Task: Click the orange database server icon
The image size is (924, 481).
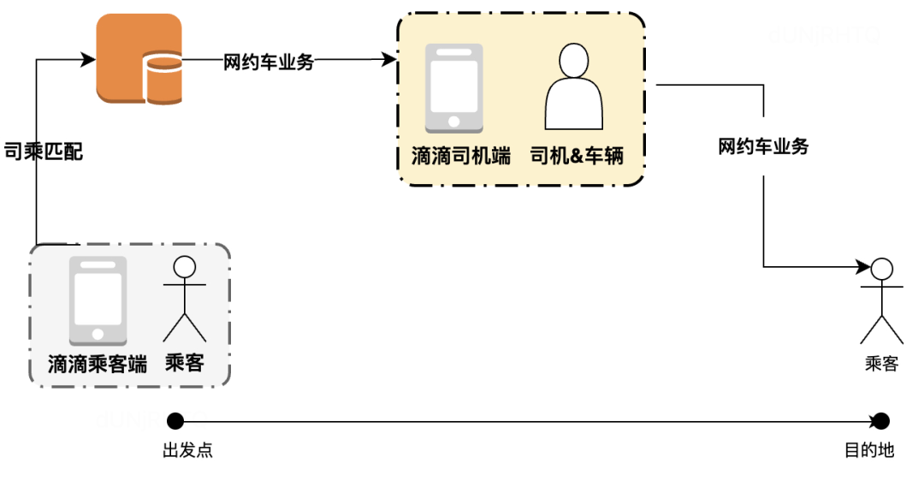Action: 139,59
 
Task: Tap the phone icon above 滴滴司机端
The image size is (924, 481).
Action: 454,88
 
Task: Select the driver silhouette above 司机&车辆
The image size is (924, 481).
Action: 573,86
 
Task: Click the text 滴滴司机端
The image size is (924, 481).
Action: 460,156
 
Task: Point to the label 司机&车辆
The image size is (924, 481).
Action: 577,156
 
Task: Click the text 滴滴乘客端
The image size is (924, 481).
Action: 98,364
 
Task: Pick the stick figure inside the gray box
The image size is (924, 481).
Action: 185,299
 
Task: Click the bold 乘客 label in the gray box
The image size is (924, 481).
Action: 185,363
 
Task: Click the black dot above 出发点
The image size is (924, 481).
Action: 175,420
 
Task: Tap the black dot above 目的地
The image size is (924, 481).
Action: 880,420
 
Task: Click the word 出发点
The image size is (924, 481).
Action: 187,450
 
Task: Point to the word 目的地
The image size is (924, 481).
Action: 869,450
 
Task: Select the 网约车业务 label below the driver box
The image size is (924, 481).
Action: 763,146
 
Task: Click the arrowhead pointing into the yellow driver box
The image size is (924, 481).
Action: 390,60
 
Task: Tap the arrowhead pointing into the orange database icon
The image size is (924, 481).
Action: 87,60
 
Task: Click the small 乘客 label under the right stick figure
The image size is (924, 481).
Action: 881,364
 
